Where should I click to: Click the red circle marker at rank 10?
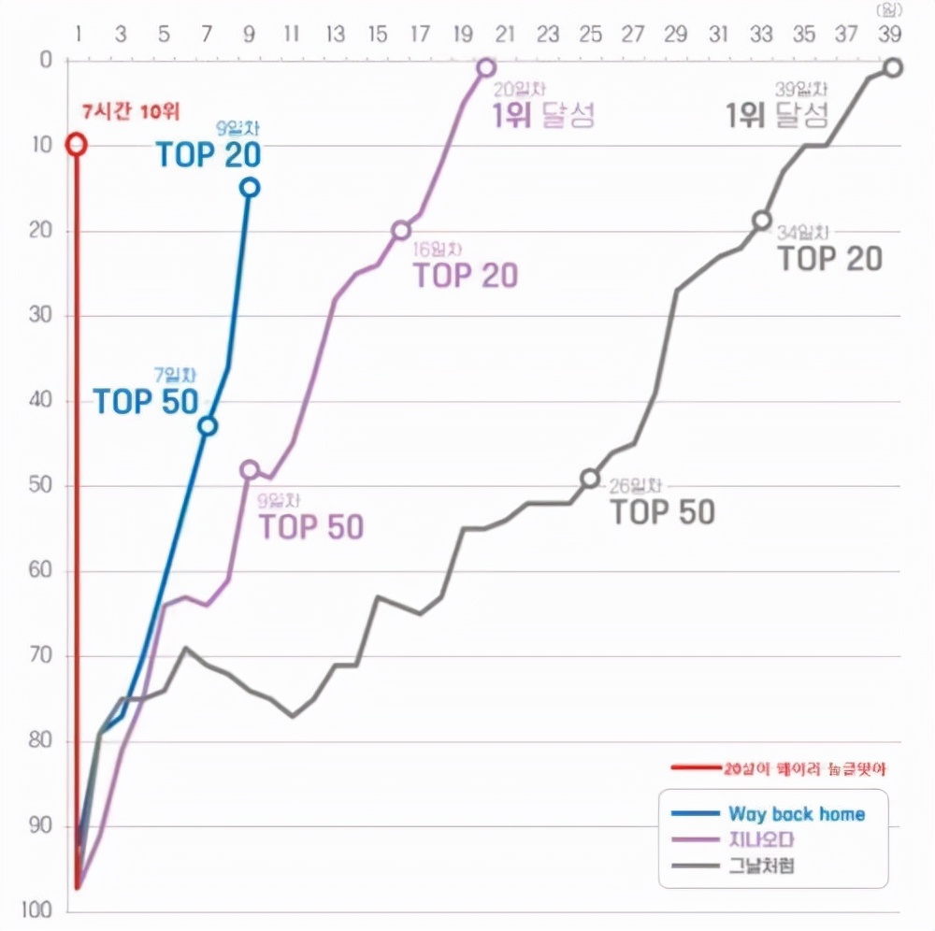click(77, 144)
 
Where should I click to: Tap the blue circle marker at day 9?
click(249, 187)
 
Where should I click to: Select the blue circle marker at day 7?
click(208, 425)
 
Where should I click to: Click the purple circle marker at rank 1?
click(486, 67)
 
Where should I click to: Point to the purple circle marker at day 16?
click(401, 230)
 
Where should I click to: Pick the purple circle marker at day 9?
click(249, 469)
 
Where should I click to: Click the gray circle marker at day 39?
click(893, 67)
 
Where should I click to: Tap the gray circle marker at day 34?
click(763, 221)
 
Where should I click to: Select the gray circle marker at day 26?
click(590, 478)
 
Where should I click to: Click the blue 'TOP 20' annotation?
click(208, 155)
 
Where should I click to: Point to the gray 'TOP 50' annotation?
click(663, 512)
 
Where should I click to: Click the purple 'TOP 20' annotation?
click(465, 276)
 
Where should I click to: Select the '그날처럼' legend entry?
click(762, 867)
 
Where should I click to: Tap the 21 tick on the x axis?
click(506, 36)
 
